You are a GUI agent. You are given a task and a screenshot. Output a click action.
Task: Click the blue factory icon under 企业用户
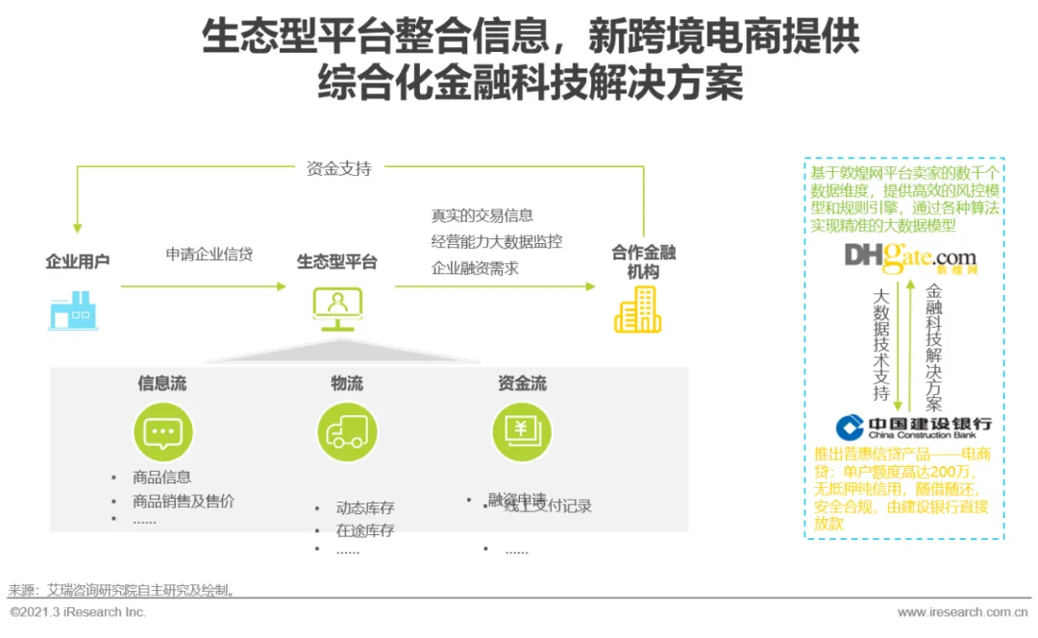pos(73,311)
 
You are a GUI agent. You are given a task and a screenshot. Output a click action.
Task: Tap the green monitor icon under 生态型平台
pos(337,308)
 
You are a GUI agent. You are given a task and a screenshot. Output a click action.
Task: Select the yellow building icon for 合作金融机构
pos(637,309)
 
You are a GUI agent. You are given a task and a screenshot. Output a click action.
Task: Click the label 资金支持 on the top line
pos(338,168)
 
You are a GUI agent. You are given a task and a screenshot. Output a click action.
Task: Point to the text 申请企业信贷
pos(209,255)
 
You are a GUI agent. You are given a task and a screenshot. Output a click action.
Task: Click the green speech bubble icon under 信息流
pos(162,432)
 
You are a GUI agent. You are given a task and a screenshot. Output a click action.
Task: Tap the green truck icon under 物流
pos(346,432)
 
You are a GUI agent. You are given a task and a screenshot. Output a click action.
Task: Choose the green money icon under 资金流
pos(522,432)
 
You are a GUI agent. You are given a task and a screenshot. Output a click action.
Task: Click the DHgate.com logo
pos(910,258)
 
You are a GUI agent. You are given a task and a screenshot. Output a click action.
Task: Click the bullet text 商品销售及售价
pos(184,501)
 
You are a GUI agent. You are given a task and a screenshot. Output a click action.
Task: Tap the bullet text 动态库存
pos(365,508)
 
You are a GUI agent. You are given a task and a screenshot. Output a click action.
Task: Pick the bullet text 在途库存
pos(365,529)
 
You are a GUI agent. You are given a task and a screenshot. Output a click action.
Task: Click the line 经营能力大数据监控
pos(497,242)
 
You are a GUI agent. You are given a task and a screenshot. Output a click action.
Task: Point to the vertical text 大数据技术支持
pos(880,343)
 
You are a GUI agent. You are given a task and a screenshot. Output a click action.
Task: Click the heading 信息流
pos(162,383)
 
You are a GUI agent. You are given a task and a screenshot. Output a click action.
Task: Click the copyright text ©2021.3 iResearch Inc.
pos(78,612)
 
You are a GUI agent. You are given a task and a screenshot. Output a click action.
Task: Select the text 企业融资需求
pos(475,268)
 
